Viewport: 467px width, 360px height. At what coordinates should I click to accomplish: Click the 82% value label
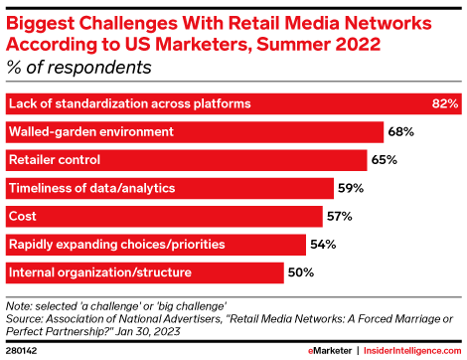tap(444, 103)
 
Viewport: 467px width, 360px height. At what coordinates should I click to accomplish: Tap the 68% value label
tap(401, 131)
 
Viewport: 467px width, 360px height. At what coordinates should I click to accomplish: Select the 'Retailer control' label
tap(54, 159)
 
